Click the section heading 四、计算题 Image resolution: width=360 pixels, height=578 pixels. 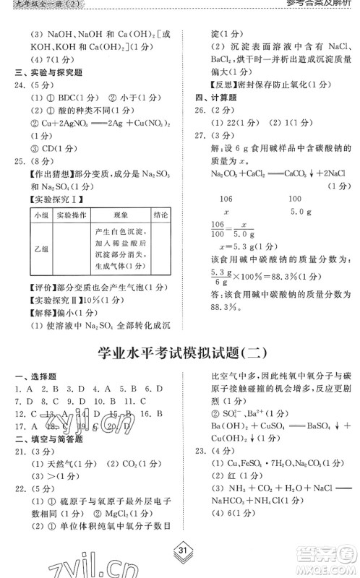(x=210, y=98)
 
